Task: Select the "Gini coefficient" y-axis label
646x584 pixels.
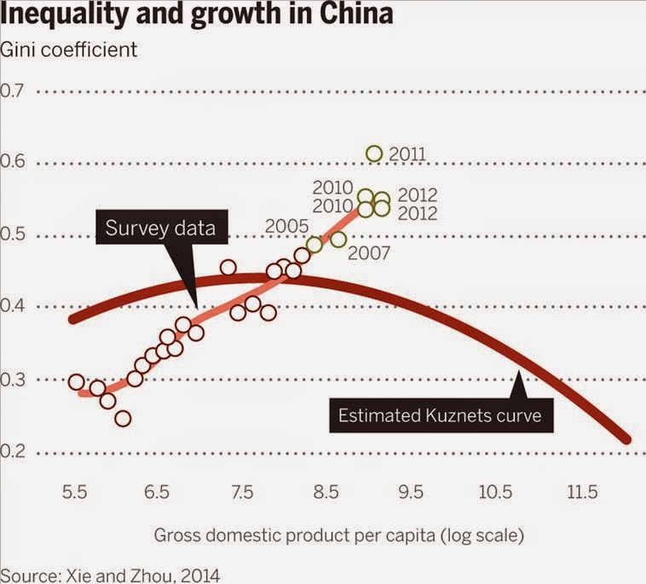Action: pyautogui.click(x=70, y=49)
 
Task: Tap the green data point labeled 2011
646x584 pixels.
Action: pyautogui.click(x=374, y=153)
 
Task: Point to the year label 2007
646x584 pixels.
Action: pyautogui.click(x=369, y=253)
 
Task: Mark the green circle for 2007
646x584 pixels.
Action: pyautogui.click(x=338, y=240)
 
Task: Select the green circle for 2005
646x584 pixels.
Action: pyautogui.click(x=314, y=245)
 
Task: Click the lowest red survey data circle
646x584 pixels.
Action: pyautogui.click(x=123, y=418)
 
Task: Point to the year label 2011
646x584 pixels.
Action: pyautogui.click(x=407, y=154)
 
